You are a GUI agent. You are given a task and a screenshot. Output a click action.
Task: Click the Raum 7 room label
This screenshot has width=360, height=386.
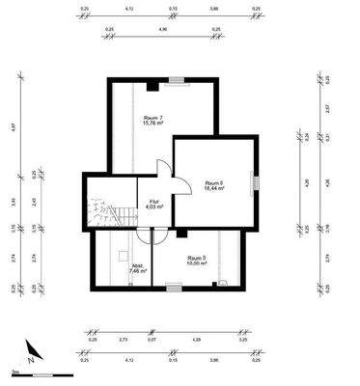(152, 118)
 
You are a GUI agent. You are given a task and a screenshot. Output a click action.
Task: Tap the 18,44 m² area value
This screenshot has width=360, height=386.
(214, 189)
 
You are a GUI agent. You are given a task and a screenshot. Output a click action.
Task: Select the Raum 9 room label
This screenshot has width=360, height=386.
(195, 258)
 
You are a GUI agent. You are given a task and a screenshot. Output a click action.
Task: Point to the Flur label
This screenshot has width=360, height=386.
(152, 200)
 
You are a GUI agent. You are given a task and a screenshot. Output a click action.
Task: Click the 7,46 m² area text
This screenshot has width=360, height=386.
(137, 272)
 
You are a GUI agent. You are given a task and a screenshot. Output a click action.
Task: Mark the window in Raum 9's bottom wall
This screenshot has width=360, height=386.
(174, 286)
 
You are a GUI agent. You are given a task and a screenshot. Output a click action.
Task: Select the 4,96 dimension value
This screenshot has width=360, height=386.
(160, 29)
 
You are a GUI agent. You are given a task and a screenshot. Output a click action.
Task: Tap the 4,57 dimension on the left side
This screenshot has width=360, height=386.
(14, 126)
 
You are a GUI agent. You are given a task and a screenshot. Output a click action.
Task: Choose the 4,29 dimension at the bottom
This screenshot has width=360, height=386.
(196, 339)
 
